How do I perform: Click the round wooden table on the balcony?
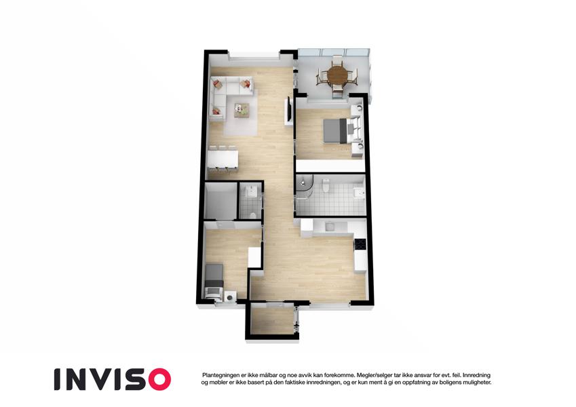click(337, 75)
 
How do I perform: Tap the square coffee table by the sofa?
click(242, 109)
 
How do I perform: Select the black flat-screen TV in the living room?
click(289, 109)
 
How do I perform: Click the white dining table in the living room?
click(223, 159)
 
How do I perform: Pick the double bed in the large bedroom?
click(341, 130)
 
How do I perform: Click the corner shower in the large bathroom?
click(304, 187)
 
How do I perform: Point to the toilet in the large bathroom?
click(326, 185)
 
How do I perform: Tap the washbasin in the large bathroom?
click(358, 192)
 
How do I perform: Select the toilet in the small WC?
click(252, 215)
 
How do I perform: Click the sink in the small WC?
click(251, 191)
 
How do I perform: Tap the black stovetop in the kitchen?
click(360, 244)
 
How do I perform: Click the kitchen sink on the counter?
click(330, 226)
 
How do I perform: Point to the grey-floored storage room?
click(220, 201)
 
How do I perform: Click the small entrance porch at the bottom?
click(272, 319)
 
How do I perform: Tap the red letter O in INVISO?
click(159, 379)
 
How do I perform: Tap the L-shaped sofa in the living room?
click(228, 94)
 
